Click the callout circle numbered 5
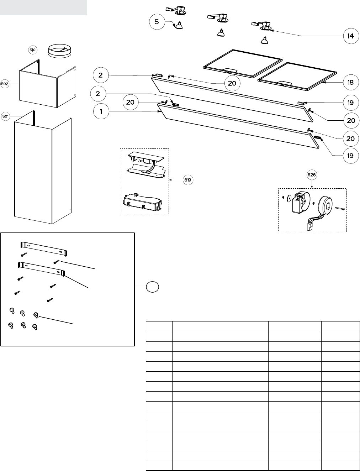157,22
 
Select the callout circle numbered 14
351,36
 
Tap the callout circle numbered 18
351,82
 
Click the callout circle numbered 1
101,111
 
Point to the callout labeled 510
33,50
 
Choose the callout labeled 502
5,84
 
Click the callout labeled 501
6,116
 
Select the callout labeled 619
188,180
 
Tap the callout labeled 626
312,175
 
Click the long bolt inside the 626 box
340,208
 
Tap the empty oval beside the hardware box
153,287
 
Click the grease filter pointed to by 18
297,77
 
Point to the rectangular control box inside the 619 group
143,202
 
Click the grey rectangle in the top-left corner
43,7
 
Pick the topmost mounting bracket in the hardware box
44,249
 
